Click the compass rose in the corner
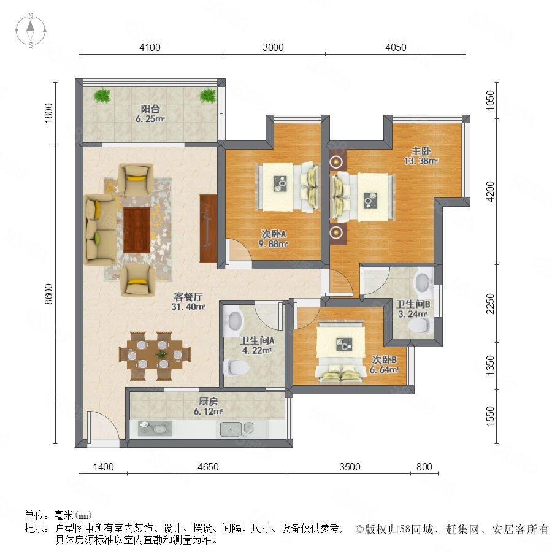(x=31, y=31)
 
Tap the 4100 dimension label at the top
(x=150, y=47)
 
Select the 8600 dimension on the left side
(x=48, y=294)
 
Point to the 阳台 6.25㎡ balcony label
(x=150, y=113)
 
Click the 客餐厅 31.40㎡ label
(x=188, y=301)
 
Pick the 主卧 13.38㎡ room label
(x=421, y=156)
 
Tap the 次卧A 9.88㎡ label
(x=274, y=239)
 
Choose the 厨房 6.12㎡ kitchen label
(x=208, y=406)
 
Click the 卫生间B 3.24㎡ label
(x=413, y=309)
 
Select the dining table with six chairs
(x=155, y=356)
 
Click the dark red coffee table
(x=137, y=230)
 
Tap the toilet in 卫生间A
(x=237, y=367)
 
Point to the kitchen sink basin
(x=231, y=429)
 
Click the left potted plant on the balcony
(x=102, y=96)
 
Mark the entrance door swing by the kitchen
(x=103, y=425)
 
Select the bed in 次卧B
(x=341, y=351)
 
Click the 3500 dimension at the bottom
(x=350, y=467)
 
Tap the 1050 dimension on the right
(x=489, y=101)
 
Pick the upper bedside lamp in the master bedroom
(x=337, y=161)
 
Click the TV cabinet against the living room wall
(x=208, y=229)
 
